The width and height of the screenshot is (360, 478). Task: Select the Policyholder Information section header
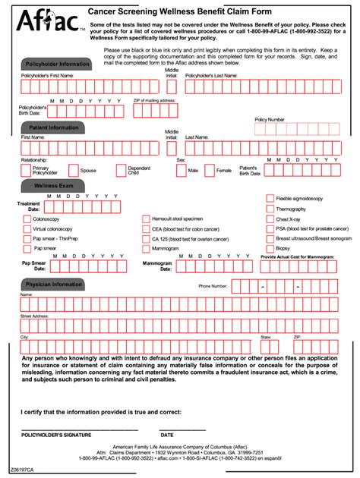click(x=54, y=64)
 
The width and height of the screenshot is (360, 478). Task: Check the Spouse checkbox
click(x=74, y=171)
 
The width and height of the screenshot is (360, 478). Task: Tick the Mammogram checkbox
click(x=146, y=248)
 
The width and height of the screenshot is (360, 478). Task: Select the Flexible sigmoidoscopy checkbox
click(x=270, y=199)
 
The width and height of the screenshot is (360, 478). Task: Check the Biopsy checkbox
click(x=270, y=248)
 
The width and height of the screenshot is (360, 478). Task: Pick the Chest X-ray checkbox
click(x=270, y=219)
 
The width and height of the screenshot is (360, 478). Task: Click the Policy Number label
click(x=270, y=120)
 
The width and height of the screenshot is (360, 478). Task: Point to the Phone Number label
click(x=213, y=286)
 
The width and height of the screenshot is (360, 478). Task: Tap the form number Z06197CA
click(x=23, y=471)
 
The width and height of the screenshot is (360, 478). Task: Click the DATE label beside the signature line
click(x=167, y=435)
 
